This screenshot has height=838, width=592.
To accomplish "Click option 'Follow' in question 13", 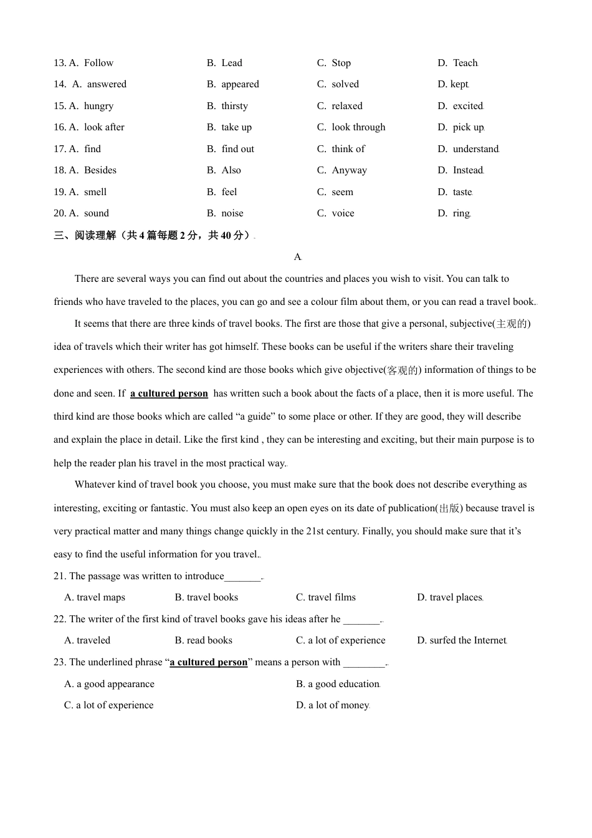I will click(x=98, y=63).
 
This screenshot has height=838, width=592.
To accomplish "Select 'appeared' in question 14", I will click(x=240, y=84).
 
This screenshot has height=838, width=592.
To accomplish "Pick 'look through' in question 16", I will click(x=358, y=127).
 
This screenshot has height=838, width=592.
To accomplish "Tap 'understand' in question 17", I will click(x=475, y=149).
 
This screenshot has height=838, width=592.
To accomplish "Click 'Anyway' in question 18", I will click(x=349, y=170).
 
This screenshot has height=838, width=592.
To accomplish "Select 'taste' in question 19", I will click(x=462, y=192).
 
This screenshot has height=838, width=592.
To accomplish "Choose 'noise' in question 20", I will click(x=232, y=213).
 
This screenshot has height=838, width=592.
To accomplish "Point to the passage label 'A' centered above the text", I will click(x=297, y=257).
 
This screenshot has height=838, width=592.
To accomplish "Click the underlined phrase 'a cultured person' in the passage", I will click(x=169, y=393).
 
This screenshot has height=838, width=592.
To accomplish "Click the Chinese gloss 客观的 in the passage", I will click(x=403, y=370).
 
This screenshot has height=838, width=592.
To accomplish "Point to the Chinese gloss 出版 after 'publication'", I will click(x=449, y=508).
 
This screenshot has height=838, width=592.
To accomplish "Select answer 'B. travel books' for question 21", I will click(x=206, y=597).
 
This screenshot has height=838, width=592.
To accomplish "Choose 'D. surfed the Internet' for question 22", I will click(x=461, y=640).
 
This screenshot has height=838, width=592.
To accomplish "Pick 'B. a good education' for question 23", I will click(x=337, y=684).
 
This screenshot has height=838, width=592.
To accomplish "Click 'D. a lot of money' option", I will click(x=332, y=705).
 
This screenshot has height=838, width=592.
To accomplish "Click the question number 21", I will click(x=60, y=576).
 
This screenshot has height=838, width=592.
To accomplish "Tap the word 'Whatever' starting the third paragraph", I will click(x=93, y=484).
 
